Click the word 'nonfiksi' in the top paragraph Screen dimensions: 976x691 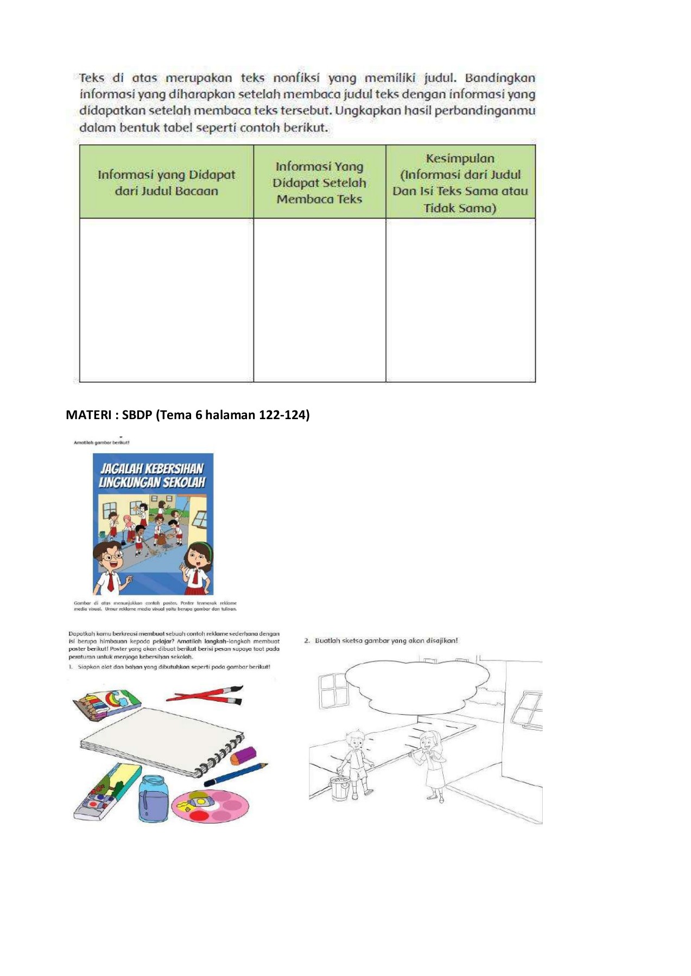[x=296, y=78]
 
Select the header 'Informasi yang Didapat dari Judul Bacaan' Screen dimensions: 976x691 [x=166, y=183]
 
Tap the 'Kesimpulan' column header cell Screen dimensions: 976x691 [x=460, y=183]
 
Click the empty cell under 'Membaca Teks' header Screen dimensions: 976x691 [x=319, y=300]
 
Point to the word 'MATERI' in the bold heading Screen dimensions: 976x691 [x=88, y=415]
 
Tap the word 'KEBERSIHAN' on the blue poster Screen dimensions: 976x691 [x=174, y=468]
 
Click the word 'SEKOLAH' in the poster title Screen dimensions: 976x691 [x=181, y=482]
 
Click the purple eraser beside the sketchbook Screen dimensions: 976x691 [x=243, y=754]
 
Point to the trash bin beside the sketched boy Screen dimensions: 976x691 [x=340, y=787]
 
